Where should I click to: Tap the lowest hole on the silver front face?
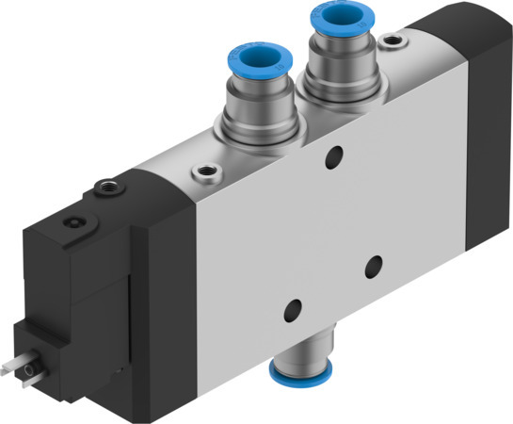(x=295, y=307)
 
